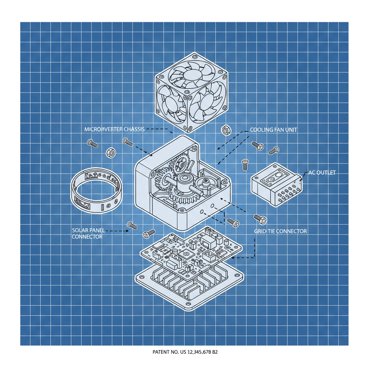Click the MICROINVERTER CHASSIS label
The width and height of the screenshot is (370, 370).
pos(114,129)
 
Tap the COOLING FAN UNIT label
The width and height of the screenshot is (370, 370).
pos(274,129)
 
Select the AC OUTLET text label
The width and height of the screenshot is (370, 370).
pos(322,173)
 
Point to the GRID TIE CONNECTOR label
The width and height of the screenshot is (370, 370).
pos(280,231)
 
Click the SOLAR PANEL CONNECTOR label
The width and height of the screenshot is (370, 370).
pos(87,233)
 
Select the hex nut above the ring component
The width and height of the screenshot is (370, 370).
pos(111,152)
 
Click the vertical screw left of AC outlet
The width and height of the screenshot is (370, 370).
pos(245,165)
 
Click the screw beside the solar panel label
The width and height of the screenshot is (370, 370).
pos(132,226)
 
